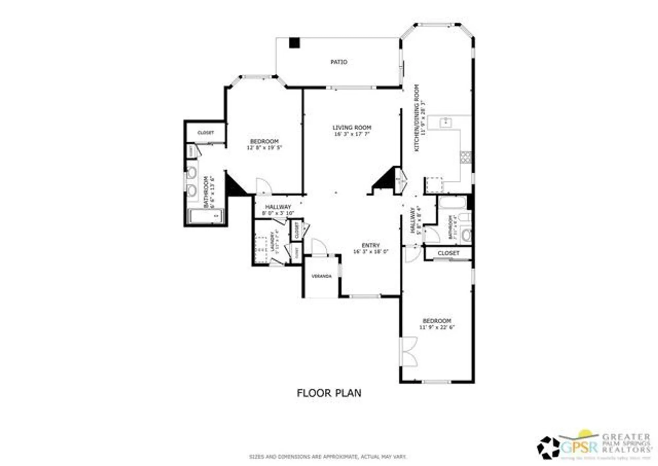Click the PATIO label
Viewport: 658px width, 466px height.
tap(339, 62)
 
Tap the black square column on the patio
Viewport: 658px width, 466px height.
tap(294, 43)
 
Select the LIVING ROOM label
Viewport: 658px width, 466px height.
tap(352, 127)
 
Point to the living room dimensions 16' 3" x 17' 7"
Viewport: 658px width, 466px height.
tap(352, 134)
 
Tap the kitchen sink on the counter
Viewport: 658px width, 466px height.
tap(446, 122)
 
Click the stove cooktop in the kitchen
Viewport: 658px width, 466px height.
tap(466, 157)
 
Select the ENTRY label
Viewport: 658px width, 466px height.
tap(370, 245)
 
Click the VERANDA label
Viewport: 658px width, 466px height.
tap(321, 276)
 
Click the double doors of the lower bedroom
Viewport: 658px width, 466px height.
tap(409, 352)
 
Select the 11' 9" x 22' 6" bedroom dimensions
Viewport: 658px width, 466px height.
tap(437, 327)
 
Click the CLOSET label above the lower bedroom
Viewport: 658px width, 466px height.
tap(448, 253)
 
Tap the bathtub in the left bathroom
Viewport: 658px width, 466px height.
tap(206, 216)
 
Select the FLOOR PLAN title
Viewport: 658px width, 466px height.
tap(329, 393)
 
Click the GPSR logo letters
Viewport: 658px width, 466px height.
tap(579, 447)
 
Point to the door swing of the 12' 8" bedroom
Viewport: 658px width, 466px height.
tap(263, 186)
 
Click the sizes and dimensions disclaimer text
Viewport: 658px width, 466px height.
tap(328, 457)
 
